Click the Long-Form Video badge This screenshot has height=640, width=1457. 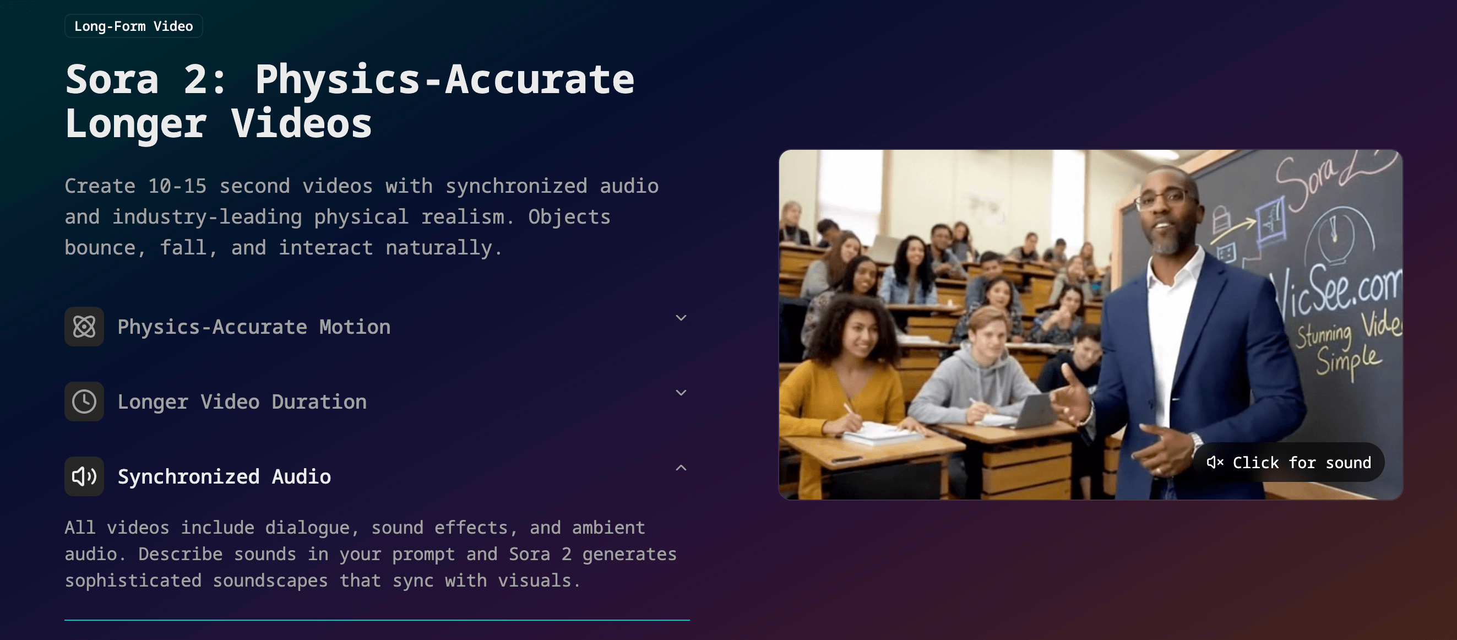click(x=133, y=26)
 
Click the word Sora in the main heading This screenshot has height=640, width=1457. click(x=112, y=79)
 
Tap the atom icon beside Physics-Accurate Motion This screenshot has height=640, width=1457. click(x=84, y=327)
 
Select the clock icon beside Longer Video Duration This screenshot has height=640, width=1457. click(x=84, y=401)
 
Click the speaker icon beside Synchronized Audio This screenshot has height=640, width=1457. click(x=84, y=476)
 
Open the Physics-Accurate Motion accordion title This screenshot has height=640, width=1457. click(x=254, y=327)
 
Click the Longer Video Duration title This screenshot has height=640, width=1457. click(x=242, y=402)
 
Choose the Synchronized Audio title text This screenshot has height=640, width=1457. click(x=225, y=476)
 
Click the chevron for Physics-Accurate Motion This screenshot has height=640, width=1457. click(x=681, y=318)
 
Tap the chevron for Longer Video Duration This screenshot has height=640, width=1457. click(x=681, y=393)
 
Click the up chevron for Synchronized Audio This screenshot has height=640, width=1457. click(x=681, y=468)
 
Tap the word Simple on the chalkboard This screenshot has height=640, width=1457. click(x=1349, y=360)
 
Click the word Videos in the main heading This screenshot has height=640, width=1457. click(x=301, y=123)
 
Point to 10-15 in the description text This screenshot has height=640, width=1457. click(x=177, y=186)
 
